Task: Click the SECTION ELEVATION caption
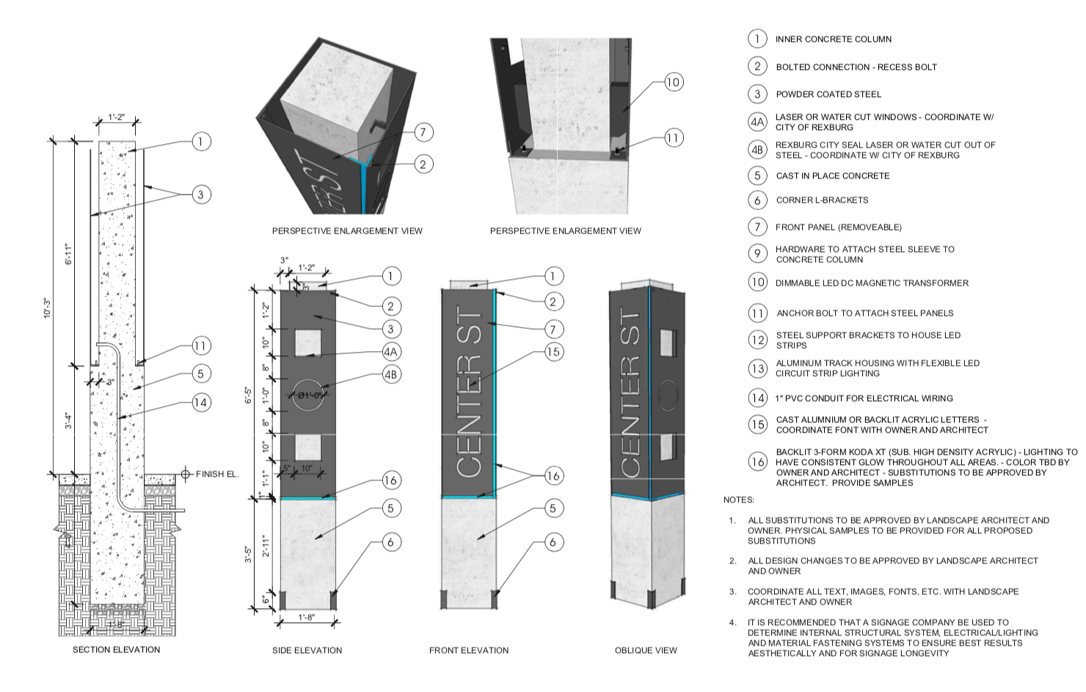[116, 649]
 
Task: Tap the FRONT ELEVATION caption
[468, 650]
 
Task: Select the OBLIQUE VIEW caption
[646, 650]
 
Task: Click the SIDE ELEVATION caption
[307, 650]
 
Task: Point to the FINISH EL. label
[217, 474]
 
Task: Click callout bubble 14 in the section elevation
[201, 402]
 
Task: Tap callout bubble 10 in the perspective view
[673, 82]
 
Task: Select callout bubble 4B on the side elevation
[391, 374]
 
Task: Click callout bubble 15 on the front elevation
[553, 352]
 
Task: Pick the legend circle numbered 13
[757, 368]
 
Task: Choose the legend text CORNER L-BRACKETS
[822, 200]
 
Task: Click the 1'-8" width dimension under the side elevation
[307, 618]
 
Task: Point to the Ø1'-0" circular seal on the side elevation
[307, 394]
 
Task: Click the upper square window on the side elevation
[308, 343]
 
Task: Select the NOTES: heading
[738, 500]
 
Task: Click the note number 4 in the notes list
[732, 622]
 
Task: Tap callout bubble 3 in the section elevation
[201, 195]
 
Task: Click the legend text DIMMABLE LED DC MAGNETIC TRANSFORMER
[872, 283]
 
